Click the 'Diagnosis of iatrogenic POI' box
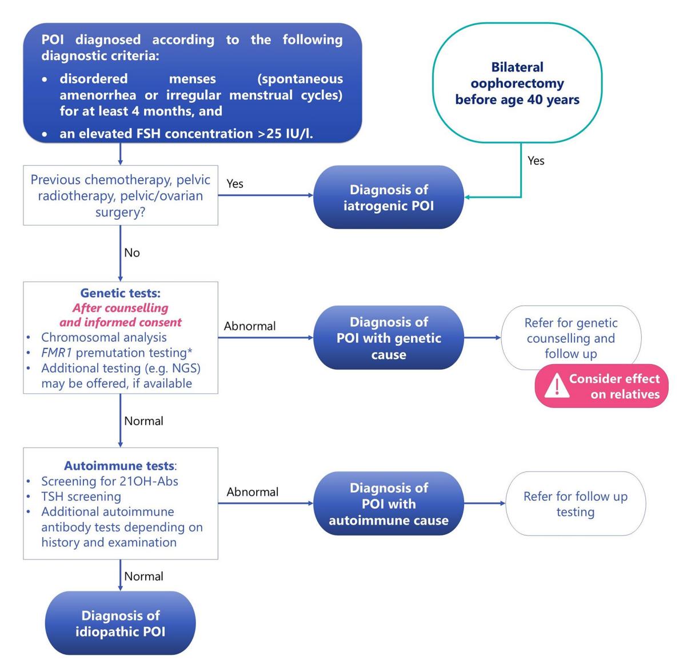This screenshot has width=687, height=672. pos(388,197)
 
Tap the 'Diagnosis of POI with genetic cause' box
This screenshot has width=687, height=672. pos(388,338)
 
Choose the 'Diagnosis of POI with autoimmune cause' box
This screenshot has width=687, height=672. pos(388,503)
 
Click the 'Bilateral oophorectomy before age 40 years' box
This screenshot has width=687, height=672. pos(517,83)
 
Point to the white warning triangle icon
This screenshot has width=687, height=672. pos(557,385)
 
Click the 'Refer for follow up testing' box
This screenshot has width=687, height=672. pos(576,503)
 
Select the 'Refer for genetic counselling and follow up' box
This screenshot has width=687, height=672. pos(571,338)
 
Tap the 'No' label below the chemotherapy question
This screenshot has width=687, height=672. pos(132,253)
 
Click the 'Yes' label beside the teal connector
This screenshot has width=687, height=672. pos(536,161)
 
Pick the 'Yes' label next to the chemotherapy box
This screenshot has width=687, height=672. pos(235,183)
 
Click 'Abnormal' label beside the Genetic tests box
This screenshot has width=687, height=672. pos(250,326)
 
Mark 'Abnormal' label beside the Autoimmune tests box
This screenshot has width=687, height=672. pos(253,492)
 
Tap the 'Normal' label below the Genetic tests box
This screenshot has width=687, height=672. pos(143,421)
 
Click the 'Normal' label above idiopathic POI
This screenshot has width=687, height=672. pos(143,577)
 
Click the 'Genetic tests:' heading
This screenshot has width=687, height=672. pos(121,293)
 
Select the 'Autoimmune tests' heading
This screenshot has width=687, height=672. pos(119,466)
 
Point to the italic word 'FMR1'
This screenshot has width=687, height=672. pos(57,353)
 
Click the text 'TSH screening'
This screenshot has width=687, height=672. pos(81,497)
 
